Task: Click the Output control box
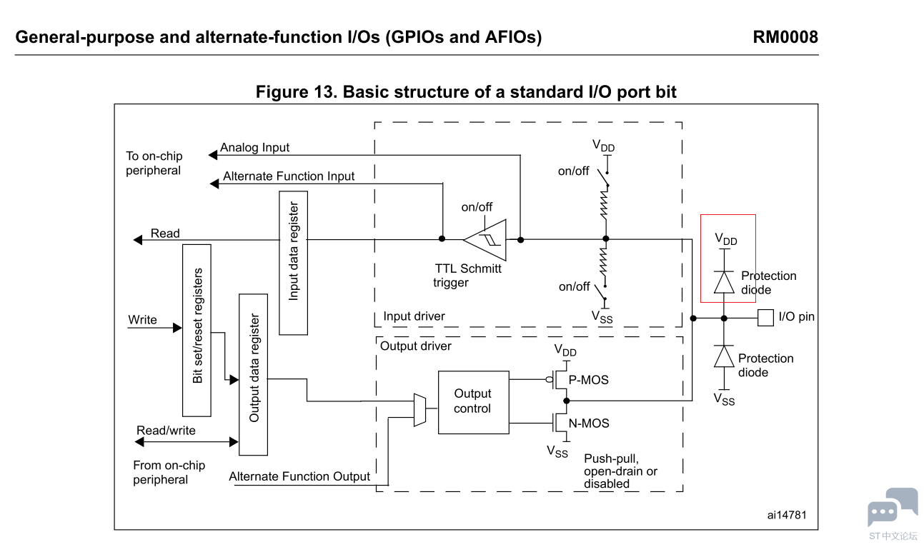pyautogui.click(x=473, y=402)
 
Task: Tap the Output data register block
pyautogui.click(x=253, y=374)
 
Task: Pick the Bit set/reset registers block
pyautogui.click(x=197, y=330)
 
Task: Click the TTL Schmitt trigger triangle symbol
pyautogui.click(x=486, y=240)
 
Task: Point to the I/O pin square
pyautogui.click(x=765, y=317)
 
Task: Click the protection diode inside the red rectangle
pyautogui.click(x=725, y=283)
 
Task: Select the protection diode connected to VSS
pyautogui.click(x=725, y=356)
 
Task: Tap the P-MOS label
pyautogui.click(x=589, y=380)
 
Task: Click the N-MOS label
pyautogui.click(x=589, y=423)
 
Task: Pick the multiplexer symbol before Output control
pyautogui.click(x=419, y=410)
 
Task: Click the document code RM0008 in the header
pyautogui.click(x=785, y=37)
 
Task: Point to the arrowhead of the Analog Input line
pyautogui.click(x=212, y=155)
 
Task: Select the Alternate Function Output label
pyautogui.click(x=299, y=476)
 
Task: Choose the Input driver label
pyautogui.click(x=414, y=316)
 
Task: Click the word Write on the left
pyautogui.click(x=142, y=320)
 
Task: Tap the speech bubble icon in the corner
pyautogui.click(x=892, y=508)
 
